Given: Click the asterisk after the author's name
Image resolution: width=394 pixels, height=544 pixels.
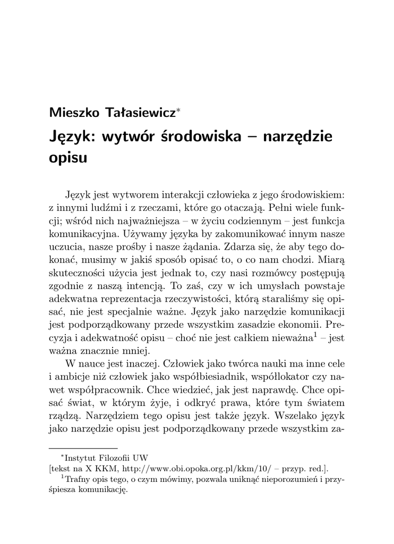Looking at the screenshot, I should point(179,110).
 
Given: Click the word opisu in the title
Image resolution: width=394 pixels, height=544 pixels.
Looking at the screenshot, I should point(67,159).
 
